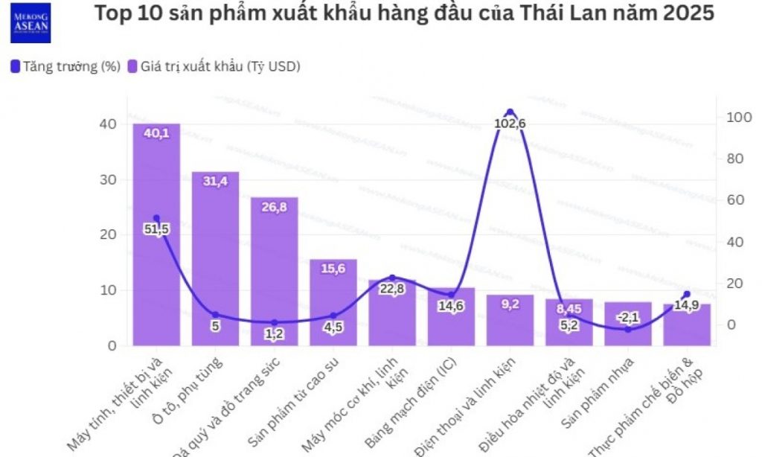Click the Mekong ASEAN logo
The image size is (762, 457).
tap(31, 22)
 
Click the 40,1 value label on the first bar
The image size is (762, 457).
tap(156, 133)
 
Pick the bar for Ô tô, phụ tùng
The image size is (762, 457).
tap(215, 261)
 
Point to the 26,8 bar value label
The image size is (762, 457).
tap(274, 207)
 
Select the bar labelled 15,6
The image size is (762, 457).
tap(333, 305)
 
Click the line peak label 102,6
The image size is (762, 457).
tap(510, 123)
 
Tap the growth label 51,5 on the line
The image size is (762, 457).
tap(156, 229)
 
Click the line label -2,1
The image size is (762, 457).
tap(627, 318)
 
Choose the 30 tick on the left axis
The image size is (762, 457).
tap(108, 179)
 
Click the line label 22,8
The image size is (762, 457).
tap(392, 289)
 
